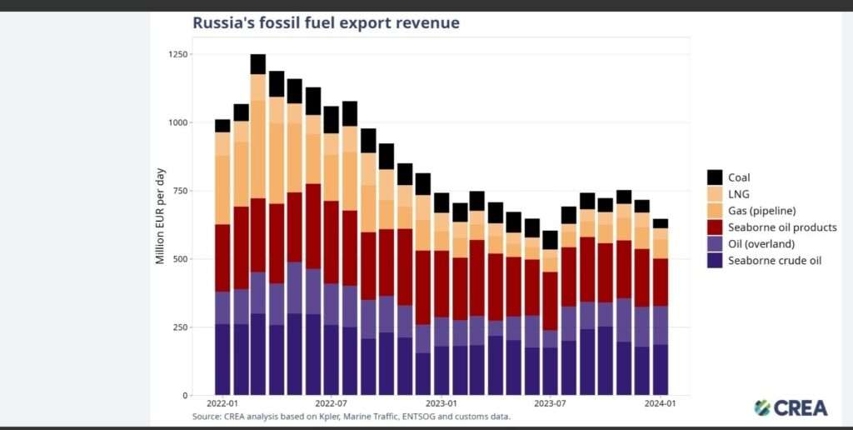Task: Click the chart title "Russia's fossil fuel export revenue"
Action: point(326,23)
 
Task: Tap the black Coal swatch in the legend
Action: point(714,177)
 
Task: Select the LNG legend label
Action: point(739,194)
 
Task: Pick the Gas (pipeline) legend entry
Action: point(761,211)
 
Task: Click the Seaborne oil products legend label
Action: point(782,227)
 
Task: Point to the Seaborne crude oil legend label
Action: point(775,261)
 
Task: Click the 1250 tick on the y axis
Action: point(177,55)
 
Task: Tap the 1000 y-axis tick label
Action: point(177,123)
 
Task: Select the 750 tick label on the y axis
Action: point(179,191)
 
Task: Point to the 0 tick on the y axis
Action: point(185,396)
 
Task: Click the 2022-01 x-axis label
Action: point(222,403)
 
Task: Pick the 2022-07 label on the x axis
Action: point(331,403)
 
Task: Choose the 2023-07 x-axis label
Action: point(550,403)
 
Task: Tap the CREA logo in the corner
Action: point(791,407)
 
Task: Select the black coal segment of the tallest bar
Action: point(258,64)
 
